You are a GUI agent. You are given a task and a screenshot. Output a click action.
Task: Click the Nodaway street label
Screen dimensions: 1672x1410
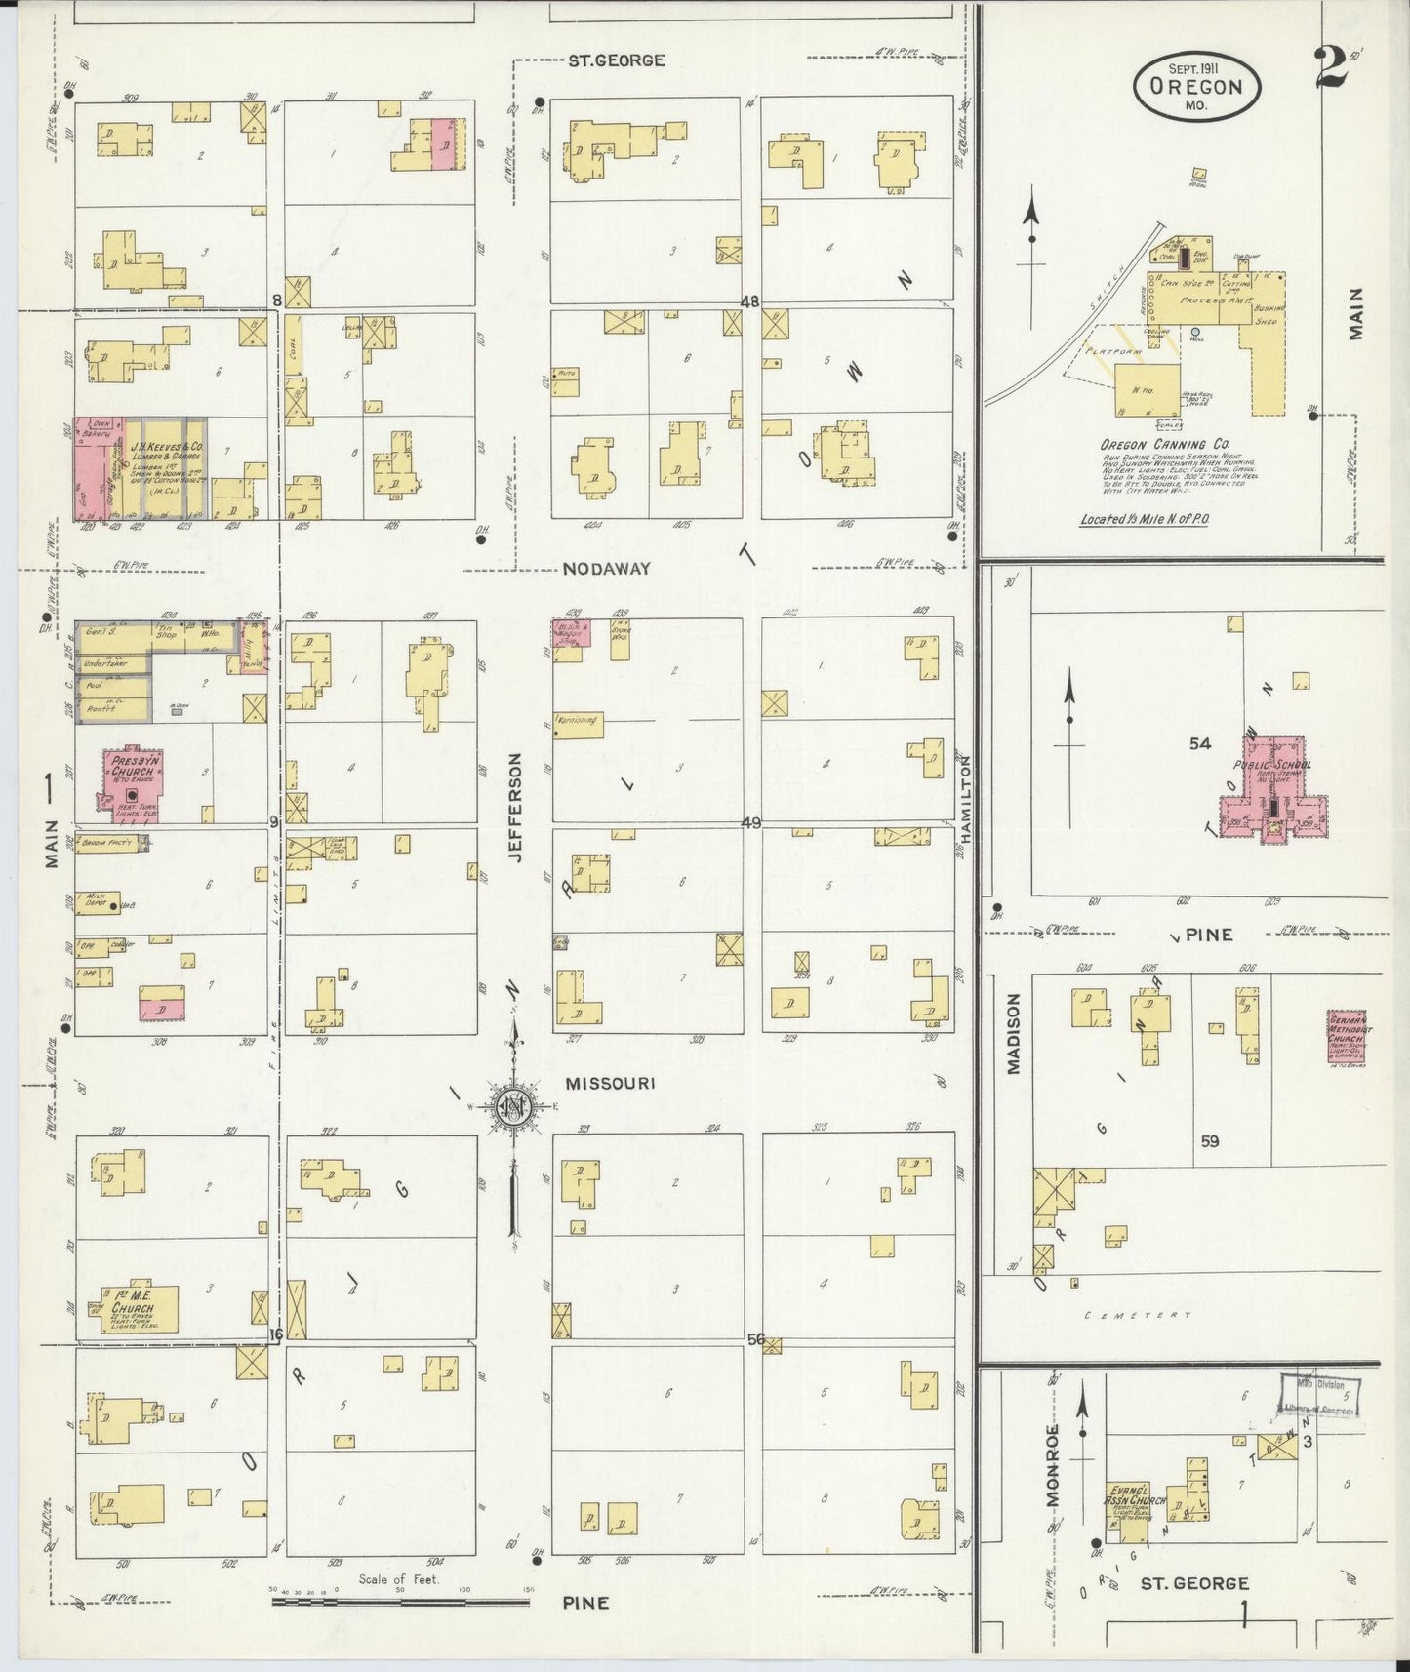click(x=606, y=568)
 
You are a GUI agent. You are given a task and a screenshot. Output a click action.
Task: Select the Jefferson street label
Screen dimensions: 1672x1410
click(x=516, y=807)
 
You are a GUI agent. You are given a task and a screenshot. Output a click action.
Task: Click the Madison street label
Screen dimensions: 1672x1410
click(x=1013, y=1034)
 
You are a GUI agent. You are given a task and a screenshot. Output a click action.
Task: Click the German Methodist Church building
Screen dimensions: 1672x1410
click(x=1347, y=1039)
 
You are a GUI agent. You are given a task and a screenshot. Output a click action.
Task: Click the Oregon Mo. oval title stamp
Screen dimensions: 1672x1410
click(x=1196, y=88)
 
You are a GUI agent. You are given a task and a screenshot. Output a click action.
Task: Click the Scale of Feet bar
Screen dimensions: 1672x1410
click(x=400, y=1601)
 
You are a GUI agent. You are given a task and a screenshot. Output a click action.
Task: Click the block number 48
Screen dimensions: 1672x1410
click(x=749, y=302)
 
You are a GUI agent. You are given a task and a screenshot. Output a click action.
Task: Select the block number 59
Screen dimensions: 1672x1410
click(x=1210, y=1140)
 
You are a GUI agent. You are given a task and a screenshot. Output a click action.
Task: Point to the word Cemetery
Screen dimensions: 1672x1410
click(x=1139, y=1315)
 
